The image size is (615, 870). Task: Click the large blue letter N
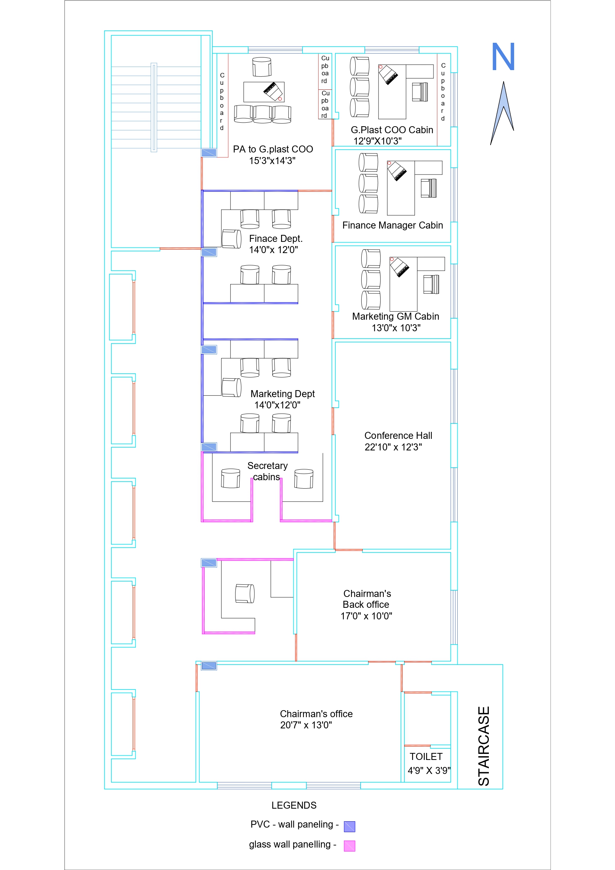pyautogui.click(x=503, y=56)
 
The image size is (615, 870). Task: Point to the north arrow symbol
pyautogui.click(x=503, y=113)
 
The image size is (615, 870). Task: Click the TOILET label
pyautogui.click(x=426, y=756)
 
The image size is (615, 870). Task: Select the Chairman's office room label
pyautogui.click(x=316, y=714)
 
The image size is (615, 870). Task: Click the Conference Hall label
pyautogui.click(x=398, y=435)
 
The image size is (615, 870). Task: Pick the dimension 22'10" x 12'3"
pyautogui.click(x=393, y=447)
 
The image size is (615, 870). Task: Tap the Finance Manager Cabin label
pyautogui.click(x=392, y=225)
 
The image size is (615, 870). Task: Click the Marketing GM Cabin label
pyautogui.click(x=395, y=317)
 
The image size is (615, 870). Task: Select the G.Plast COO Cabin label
pyautogui.click(x=392, y=130)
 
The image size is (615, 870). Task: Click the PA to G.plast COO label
pyautogui.click(x=273, y=149)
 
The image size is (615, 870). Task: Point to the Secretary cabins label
pyautogui.click(x=267, y=471)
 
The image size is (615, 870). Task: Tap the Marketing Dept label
pyautogui.click(x=282, y=394)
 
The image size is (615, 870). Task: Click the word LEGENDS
pyautogui.click(x=294, y=805)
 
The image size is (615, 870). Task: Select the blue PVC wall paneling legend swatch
pyautogui.click(x=349, y=827)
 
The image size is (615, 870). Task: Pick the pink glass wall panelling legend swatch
pyautogui.click(x=349, y=846)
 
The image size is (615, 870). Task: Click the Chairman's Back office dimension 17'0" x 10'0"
pyautogui.click(x=366, y=616)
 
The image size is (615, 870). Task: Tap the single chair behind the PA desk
pyautogui.click(x=262, y=67)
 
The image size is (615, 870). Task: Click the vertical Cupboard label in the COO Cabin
pyautogui.click(x=443, y=92)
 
